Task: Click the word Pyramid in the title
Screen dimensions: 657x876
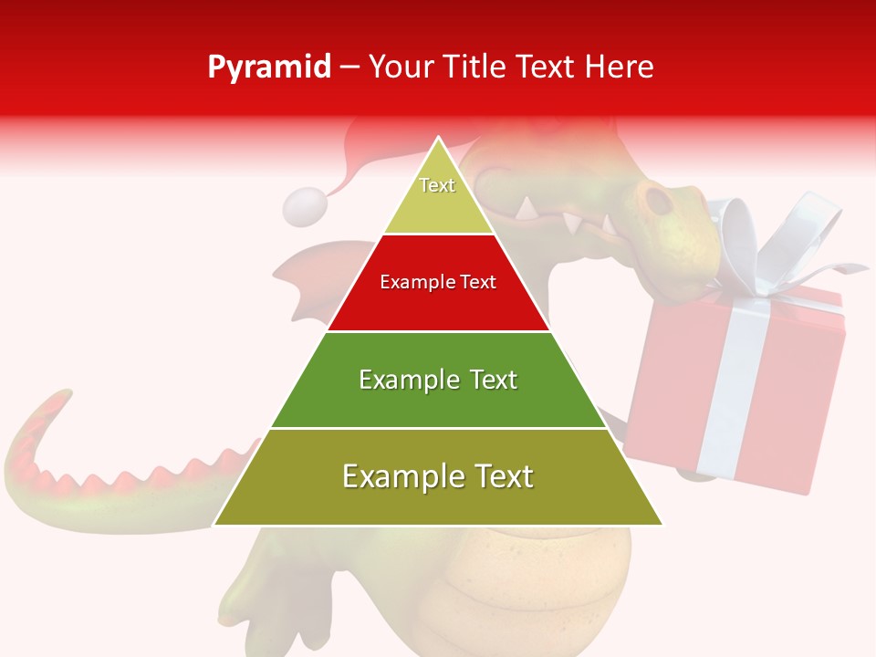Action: [268, 68]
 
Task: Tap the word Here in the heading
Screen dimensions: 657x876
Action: [620, 68]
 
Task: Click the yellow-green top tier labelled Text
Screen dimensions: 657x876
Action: [438, 196]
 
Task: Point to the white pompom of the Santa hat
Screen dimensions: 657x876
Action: [304, 207]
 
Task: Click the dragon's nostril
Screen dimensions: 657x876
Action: [653, 197]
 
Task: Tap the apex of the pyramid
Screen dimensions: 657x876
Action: [439, 139]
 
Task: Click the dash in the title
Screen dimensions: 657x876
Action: [349, 68]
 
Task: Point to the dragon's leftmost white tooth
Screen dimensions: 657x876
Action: [527, 209]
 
